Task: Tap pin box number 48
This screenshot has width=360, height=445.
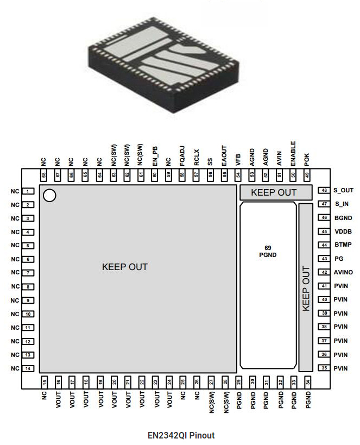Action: coord(324,191)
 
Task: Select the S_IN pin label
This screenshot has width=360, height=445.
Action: coord(341,204)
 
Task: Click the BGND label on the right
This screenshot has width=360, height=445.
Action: coord(343,218)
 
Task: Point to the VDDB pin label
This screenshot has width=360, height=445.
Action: coord(343,231)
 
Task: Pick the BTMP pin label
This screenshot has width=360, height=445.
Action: coord(343,245)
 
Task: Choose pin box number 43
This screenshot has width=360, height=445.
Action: coord(324,259)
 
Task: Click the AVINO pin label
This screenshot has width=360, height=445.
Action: coord(344,272)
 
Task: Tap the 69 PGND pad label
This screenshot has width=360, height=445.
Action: coord(267,250)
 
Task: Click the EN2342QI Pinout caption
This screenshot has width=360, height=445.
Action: coord(181,435)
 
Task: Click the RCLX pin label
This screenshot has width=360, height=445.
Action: coord(196,157)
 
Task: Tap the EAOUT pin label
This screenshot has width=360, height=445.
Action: coord(224,155)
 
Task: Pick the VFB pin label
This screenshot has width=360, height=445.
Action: coord(238,159)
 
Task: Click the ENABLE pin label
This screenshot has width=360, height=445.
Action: coord(293,153)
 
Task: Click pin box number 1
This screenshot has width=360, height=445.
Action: coord(28,191)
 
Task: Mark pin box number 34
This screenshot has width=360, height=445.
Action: coord(307,382)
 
